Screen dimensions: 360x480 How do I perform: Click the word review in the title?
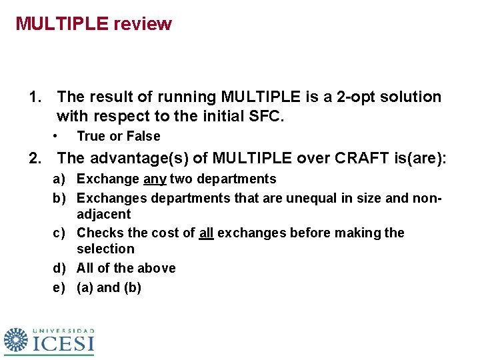[x=143, y=24]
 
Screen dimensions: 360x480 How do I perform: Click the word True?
[x=91, y=137]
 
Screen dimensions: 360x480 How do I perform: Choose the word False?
[x=143, y=137]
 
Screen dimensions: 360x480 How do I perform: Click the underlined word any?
[x=155, y=179]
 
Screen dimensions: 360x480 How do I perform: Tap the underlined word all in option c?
[x=206, y=233]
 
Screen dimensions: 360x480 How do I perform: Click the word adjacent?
[x=104, y=215]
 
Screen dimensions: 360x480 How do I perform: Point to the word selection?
[x=105, y=249]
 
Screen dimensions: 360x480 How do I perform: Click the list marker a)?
[x=61, y=179]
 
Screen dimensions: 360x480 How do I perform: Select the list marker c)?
[x=61, y=233]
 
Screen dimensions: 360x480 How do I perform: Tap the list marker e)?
[x=61, y=288]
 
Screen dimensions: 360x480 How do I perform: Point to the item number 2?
[x=34, y=159]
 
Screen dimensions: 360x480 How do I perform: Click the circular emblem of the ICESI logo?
[x=16, y=340]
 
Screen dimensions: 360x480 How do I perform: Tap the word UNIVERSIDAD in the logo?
[x=64, y=330]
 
